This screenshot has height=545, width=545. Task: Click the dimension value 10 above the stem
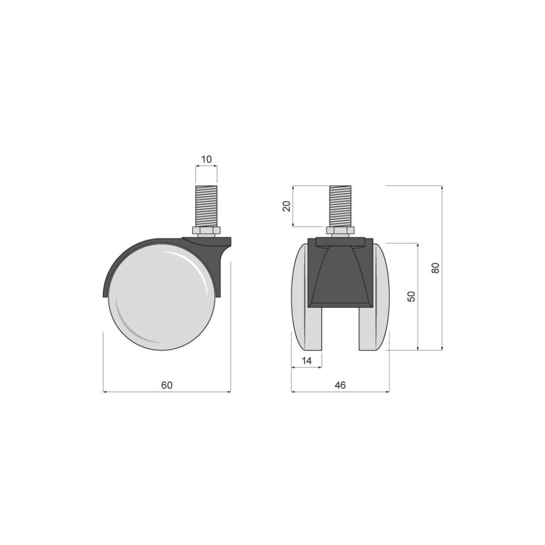click(x=206, y=159)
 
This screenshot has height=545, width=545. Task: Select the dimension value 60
click(x=167, y=385)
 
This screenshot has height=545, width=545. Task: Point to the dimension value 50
click(x=411, y=296)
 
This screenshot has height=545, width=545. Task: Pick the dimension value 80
click(x=435, y=268)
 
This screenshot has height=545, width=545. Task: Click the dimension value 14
click(x=306, y=360)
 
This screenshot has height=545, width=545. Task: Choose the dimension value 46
click(x=340, y=385)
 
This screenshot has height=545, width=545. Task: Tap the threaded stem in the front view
click(x=340, y=205)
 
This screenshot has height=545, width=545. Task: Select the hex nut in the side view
click(x=206, y=231)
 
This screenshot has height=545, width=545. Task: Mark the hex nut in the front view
click(x=340, y=231)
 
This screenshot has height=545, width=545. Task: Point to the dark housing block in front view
click(x=340, y=272)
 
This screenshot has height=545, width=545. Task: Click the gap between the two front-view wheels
click(x=340, y=330)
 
